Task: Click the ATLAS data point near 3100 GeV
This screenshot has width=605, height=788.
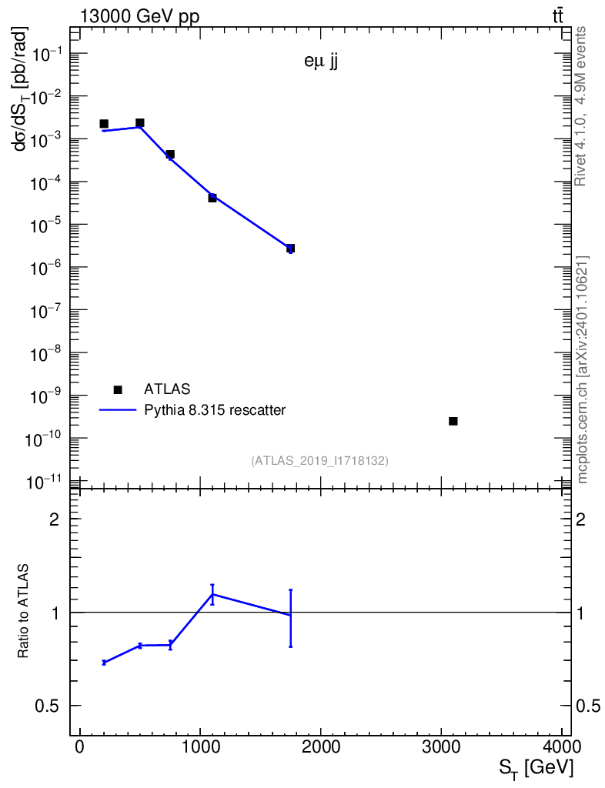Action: click(453, 421)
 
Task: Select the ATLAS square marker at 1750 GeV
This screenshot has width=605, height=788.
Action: click(290, 249)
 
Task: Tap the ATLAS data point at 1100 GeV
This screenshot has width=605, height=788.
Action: click(212, 198)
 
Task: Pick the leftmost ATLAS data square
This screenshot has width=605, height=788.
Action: click(104, 124)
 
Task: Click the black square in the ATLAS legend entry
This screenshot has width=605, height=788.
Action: click(118, 389)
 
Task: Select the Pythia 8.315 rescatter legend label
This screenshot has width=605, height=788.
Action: click(215, 410)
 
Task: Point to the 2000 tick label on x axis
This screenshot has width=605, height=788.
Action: click(321, 746)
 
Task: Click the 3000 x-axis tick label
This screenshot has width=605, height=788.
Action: click(441, 746)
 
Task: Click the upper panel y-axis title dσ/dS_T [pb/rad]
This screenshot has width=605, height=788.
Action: click(21, 89)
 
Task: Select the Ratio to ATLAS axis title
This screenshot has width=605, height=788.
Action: click(22, 611)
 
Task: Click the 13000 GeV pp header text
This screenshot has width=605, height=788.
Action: click(139, 16)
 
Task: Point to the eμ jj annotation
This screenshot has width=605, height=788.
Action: click(321, 62)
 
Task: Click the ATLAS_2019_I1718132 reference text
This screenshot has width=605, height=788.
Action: click(319, 460)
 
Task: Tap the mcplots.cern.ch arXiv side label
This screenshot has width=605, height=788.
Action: click(583, 369)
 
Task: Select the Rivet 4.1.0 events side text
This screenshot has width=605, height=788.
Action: click(580, 106)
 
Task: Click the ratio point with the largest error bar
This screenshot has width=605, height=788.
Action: click(290, 615)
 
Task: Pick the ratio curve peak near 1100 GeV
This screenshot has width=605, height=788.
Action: click(212, 595)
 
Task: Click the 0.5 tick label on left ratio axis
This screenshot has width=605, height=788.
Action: click(47, 706)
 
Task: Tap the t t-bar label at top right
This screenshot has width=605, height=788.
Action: click(558, 16)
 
